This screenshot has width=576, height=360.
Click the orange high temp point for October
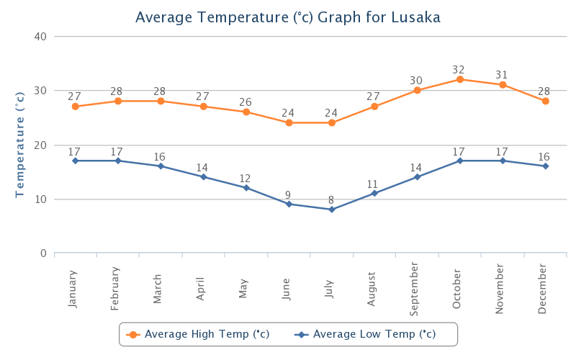point(459,79)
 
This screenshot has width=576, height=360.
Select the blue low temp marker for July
point(332,210)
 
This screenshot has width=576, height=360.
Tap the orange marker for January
point(75,107)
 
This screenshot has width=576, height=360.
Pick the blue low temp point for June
point(289,204)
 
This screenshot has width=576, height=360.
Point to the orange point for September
point(417,90)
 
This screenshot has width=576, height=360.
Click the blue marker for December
point(545,166)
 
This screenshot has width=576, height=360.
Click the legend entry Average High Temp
point(198,334)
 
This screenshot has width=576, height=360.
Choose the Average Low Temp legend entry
point(367,334)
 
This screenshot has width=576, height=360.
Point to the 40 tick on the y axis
point(41,37)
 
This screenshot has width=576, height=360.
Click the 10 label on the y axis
point(41,199)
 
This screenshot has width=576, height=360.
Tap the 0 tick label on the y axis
point(44,253)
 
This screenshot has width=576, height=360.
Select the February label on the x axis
point(115,288)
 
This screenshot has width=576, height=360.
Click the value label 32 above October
point(459,70)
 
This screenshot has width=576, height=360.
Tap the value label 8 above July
point(331,200)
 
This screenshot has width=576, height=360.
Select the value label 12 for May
point(246,179)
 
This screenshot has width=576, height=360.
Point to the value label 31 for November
point(502,75)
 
